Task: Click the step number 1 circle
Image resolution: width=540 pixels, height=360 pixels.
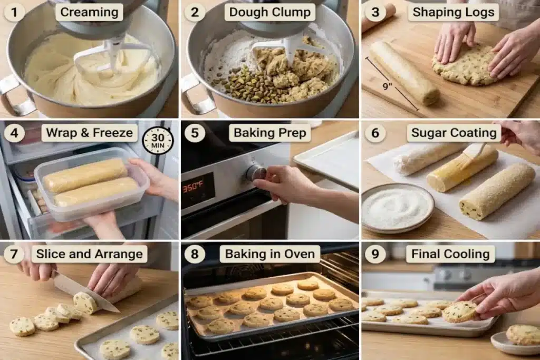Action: (x=14, y=13)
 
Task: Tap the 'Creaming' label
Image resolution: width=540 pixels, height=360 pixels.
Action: (x=89, y=12)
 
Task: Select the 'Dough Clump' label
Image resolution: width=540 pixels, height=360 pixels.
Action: (x=269, y=12)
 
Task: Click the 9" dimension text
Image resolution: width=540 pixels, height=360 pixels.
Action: (x=388, y=86)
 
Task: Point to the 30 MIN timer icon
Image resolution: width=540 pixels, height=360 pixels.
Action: (x=158, y=141)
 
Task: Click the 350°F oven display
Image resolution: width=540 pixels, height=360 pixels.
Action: (x=193, y=187)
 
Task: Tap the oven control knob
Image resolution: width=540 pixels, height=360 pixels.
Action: (x=256, y=173)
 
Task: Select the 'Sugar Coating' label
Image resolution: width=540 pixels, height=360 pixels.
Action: (x=454, y=133)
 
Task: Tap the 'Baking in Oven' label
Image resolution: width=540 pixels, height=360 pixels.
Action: (x=269, y=254)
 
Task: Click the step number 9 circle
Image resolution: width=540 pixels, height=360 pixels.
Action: (x=375, y=254)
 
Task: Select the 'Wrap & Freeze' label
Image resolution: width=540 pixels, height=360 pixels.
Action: (x=89, y=133)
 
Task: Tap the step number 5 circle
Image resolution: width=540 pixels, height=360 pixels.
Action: (x=195, y=133)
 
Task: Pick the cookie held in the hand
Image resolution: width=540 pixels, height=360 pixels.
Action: (x=460, y=312)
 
